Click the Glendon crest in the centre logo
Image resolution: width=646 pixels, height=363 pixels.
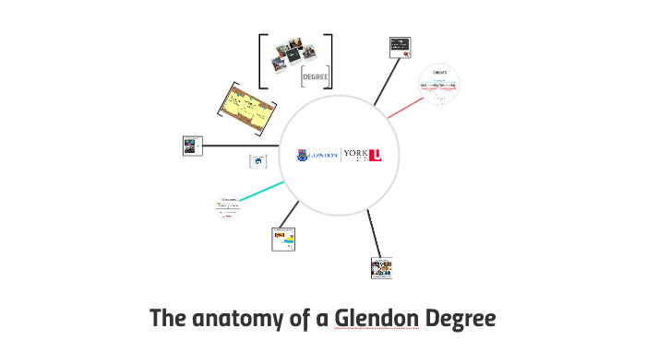[304, 156]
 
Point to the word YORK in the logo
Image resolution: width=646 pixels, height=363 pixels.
[354, 153]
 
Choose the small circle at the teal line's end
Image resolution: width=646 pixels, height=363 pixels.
[226, 207]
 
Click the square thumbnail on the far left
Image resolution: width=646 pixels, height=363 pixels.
[192, 146]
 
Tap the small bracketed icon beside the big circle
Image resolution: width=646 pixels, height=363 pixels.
[258, 162]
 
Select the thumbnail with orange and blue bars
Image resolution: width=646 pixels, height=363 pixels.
[284, 239]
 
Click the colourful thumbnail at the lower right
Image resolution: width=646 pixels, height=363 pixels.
[381, 267]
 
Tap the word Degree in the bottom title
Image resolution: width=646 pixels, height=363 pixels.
[461, 319]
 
